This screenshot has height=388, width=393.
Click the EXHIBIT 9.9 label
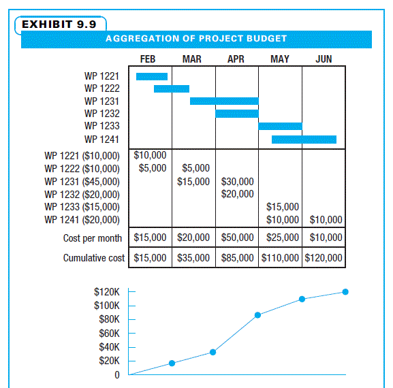[x=59, y=25]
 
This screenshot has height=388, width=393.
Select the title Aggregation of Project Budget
[x=196, y=39]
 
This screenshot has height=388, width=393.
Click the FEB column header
[x=148, y=59]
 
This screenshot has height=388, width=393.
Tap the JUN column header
[x=324, y=59]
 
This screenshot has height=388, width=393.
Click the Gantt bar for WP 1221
[x=152, y=76]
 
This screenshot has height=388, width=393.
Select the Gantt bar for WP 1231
[x=224, y=101]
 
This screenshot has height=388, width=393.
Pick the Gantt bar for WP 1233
[x=280, y=126]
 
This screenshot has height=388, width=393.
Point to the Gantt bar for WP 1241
[x=304, y=140]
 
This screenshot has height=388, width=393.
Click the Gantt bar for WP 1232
[x=236, y=113]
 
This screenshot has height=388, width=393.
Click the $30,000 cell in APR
[x=238, y=182]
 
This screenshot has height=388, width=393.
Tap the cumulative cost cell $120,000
[x=324, y=258]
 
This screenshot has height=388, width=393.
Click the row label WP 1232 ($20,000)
[x=82, y=194]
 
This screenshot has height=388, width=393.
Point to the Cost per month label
[x=93, y=238]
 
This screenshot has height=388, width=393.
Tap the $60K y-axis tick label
[x=108, y=333]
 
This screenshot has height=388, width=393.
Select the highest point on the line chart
[x=345, y=291]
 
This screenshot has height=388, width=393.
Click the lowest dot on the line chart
[x=172, y=363]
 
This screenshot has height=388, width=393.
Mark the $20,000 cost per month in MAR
[x=193, y=238]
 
